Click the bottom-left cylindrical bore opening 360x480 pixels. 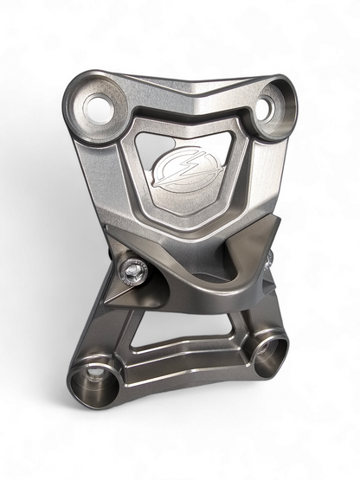(90, 377)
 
